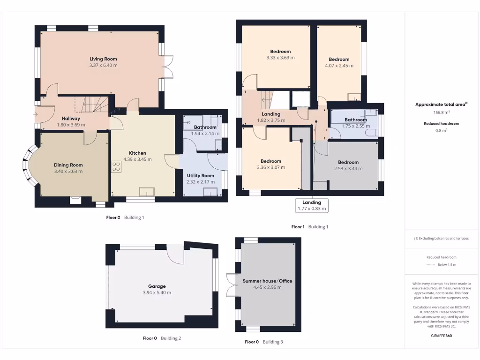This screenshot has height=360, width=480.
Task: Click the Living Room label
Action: point(103,59)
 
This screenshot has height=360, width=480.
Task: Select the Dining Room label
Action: point(68,165)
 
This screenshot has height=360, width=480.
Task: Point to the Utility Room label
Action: point(200,176)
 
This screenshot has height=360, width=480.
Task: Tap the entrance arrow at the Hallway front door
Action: point(36,114)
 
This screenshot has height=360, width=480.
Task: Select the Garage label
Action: point(157,286)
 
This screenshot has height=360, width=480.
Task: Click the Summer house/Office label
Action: point(267,281)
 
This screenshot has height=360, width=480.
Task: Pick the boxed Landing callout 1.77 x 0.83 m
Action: point(312,206)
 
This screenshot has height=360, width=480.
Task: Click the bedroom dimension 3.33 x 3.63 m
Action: point(280,58)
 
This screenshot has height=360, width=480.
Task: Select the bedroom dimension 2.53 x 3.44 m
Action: point(348,169)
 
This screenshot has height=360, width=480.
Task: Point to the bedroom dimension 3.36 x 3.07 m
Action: point(271,167)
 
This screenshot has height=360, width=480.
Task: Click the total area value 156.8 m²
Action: point(441,112)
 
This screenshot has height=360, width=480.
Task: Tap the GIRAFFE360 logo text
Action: point(441,336)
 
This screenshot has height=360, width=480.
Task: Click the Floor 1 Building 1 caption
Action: point(310,227)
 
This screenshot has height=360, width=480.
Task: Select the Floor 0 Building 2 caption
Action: point(162,338)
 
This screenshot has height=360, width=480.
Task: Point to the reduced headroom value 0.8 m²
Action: point(441,131)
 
